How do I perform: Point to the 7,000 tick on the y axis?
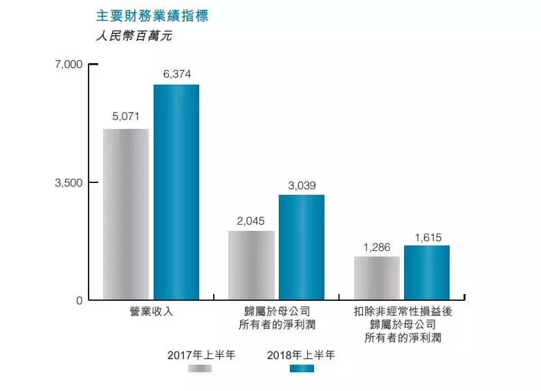click(x=68, y=64)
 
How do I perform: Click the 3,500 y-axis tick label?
click(x=68, y=183)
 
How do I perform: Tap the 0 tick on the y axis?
click(x=79, y=301)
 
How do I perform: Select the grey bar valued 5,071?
click(x=126, y=214)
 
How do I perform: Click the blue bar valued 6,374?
click(x=176, y=193)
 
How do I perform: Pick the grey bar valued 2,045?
click(x=251, y=266)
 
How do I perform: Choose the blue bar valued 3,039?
click(x=302, y=247)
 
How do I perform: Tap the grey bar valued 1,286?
click(x=377, y=278)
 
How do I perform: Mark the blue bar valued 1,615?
click(x=427, y=272)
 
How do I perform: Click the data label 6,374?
click(x=176, y=74)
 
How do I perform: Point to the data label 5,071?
click(x=126, y=117)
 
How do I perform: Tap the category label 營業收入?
click(x=151, y=311)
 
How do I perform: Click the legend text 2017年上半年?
click(x=201, y=355)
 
